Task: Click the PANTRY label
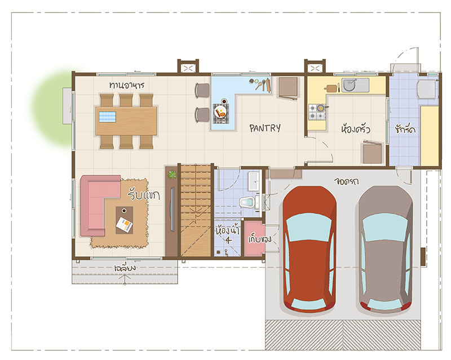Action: point(265,128)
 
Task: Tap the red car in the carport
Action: point(309,250)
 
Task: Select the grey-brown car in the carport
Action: point(386,250)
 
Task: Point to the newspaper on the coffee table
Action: point(124,225)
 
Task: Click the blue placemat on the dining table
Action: point(108,117)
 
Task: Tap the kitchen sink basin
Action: point(350,85)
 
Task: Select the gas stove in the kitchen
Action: point(317,112)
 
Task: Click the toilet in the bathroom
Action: point(247,202)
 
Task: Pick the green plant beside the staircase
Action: point(172,175)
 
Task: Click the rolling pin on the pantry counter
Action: point(268,86)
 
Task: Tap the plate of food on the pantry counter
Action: point(220,112)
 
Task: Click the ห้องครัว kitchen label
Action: point(355,128)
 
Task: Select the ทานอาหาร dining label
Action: point(126,85)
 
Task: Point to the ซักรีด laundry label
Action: point(405,129)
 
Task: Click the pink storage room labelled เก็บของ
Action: point(254,238)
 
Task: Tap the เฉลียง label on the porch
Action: point(125,268)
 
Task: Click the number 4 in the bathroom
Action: point(228,240)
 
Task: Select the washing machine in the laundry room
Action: point(427,90)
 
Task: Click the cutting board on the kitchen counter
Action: point(331,88)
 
